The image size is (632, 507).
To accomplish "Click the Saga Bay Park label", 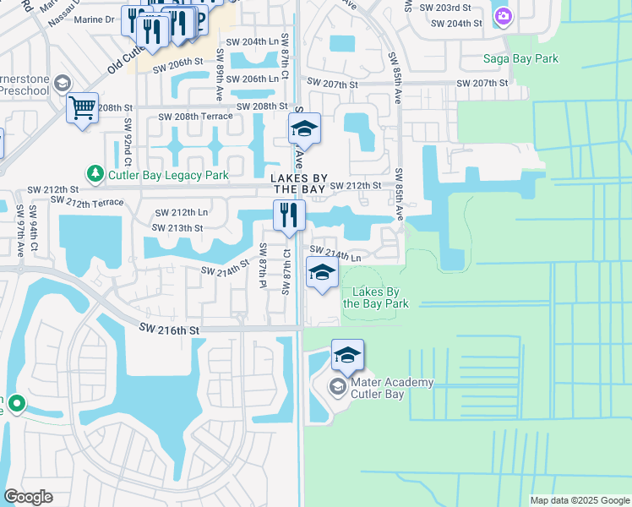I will point(520,58).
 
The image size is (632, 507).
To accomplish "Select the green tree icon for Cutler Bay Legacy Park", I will point(96,174).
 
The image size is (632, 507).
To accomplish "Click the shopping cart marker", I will point(82,107).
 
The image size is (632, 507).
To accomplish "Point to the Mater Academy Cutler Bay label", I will point(381,388).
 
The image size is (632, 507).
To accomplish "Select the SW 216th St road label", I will point(171,330).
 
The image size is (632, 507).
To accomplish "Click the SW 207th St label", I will point(482,84).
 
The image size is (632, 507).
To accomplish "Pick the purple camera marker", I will point(504,16).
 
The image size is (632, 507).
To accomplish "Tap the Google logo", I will point(28,497).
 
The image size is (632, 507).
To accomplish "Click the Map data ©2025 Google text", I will point(579,500).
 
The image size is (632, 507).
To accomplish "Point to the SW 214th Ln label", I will point(335,251).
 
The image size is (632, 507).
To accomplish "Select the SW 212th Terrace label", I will point(87,201).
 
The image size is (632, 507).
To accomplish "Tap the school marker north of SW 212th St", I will point(304,128).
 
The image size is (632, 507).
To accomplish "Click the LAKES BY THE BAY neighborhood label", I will point(298,185).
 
